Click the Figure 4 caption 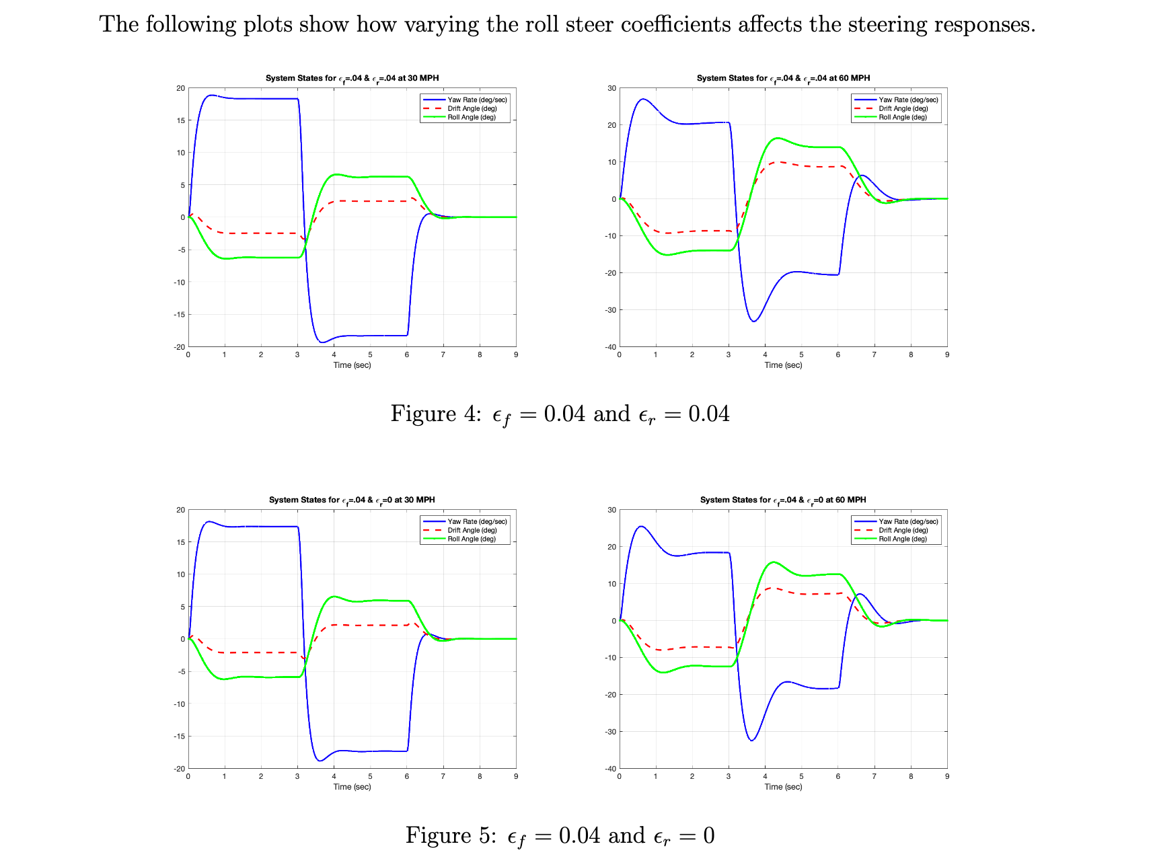pos(560,414)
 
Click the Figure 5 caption pos(560,836)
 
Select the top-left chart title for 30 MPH pos(352,79)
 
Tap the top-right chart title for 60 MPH pos(783,79)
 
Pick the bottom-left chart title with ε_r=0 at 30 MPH pos(352,500)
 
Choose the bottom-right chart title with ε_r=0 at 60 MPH pos(783,500)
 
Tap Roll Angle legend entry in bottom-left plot pos(472,539)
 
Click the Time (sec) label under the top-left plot pos(352,365)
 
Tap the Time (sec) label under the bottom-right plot pos(783,787)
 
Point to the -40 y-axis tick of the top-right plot pos(611,347)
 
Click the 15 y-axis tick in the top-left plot pos(180,120)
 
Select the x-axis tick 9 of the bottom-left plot pos(516,776)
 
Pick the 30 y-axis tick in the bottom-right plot pos(611,510)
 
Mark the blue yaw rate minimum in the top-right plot pos(753,322)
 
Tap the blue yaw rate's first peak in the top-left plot pos(211,95)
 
